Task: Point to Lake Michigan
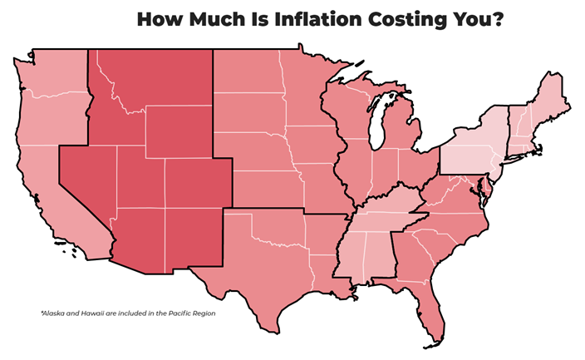(381, 121)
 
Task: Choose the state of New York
(474, 150)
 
